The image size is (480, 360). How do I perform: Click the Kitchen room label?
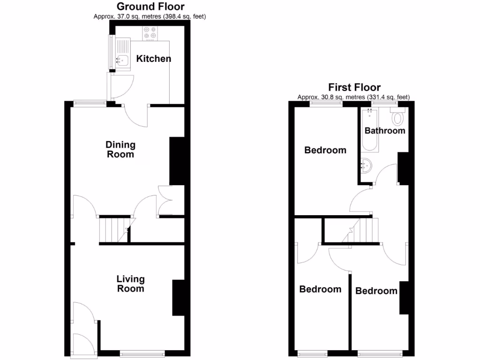pyautogui.click(x=153, y=59)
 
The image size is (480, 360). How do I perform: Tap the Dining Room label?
pyautogui.click(x=120, y=150)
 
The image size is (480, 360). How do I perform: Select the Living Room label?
pyautogui.click(x=130, y=284)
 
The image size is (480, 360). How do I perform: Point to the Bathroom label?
pyautogui.click(x=385, y=130)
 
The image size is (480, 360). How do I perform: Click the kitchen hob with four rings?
pyautogui.click(x=150, y=32)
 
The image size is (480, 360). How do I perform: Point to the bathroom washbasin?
pyautogui.click(x=367, y=165)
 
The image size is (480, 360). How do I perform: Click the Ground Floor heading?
pyautogui.click(x=150, y=7)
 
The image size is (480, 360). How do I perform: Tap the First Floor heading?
pyautogui.click(x=354, y=87)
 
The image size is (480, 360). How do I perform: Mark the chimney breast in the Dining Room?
pyautogui.click(x=176, y=161)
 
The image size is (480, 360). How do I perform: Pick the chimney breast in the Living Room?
pyautogui.click(x=178, y=298)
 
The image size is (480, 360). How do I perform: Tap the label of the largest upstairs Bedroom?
pyautogui.click(x=325, y=150)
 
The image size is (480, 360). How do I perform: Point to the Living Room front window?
pyautogui.click(x=142, y=353)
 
